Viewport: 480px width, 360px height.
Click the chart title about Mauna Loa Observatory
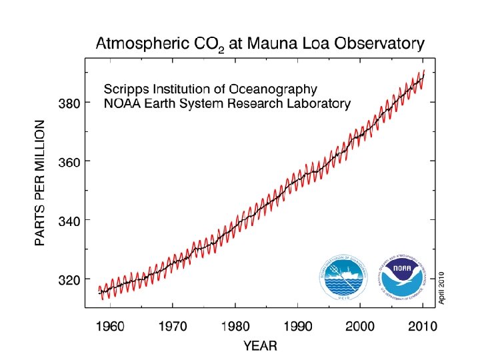click(260, 45)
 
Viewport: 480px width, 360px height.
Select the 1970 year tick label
click(172, 327)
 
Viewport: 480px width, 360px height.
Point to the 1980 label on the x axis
click(235, 327)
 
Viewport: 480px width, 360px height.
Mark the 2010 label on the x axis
click(422, 327)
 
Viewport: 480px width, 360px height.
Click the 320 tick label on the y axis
click(70, 279)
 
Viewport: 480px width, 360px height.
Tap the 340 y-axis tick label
click(70, 221)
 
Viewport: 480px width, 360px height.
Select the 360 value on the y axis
click(70, 162)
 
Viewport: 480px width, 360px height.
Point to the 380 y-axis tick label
click(70, 103)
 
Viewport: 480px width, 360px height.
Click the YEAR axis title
click(260, 346)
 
